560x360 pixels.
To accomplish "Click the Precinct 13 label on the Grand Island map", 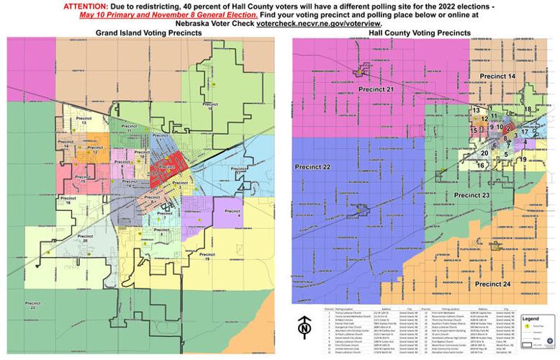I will (83, 119).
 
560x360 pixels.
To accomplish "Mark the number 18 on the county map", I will (528, 109).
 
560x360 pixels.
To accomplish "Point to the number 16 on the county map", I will (480, 165).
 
